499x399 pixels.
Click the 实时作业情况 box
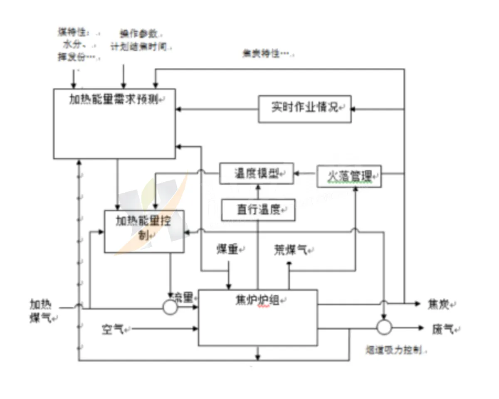point(304,109)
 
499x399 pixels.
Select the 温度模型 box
point(257,173)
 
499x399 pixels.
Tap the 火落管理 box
point(349,176)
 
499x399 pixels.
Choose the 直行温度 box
point(258,210)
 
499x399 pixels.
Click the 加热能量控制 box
point(144,231)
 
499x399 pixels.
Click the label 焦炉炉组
point(257,299)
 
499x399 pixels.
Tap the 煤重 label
point(227,249)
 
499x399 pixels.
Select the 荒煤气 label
point(290,249)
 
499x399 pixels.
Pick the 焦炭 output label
point(439,304)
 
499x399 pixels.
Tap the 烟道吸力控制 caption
point(395,350)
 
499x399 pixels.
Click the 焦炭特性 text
point(266,54)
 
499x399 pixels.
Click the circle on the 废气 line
point(384,327)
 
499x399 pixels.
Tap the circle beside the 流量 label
point(170,308)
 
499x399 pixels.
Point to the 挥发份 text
point(72,57)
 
